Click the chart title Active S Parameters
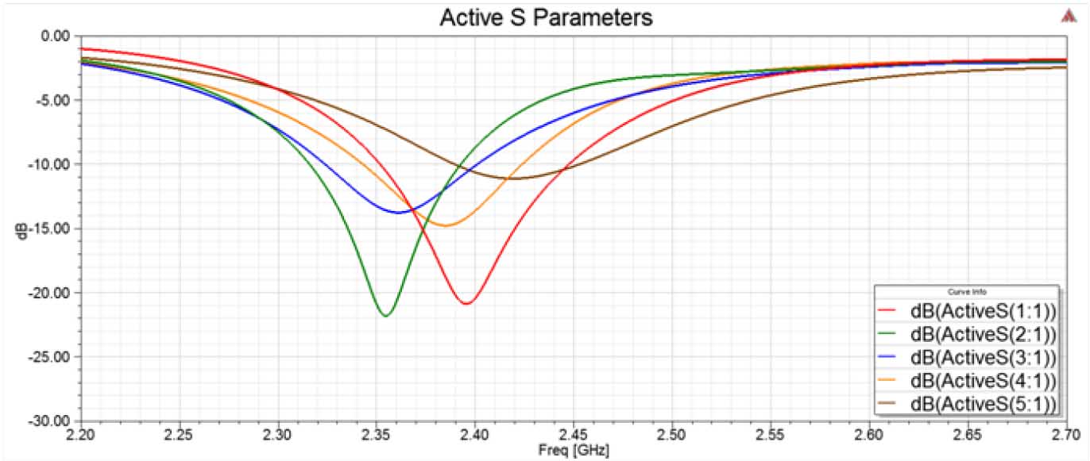(x=546, y=17)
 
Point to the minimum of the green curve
(x=385, y=316)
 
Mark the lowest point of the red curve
(x=467, y=303)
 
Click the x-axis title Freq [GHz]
(x=574, y=450)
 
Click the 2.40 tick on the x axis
(x=475, y=434)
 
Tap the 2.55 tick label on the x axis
(x=771, y=434)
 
